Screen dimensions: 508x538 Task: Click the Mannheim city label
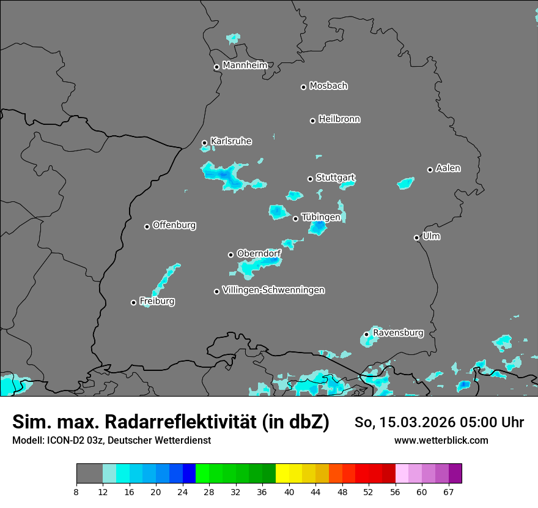245,65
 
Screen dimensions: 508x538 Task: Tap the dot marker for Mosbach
303,87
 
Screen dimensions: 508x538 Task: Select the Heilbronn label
339,119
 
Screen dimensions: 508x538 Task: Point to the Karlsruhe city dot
204,143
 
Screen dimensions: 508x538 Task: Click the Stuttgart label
335,178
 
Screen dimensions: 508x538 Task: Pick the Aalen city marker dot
430,170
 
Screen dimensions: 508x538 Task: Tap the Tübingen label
321,217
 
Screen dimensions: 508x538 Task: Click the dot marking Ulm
416,237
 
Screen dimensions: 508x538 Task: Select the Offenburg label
174,225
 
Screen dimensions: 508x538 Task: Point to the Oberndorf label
259,253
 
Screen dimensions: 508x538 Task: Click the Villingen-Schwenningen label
273,290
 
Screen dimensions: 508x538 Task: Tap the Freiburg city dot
133,302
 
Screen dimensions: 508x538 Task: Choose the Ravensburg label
398,333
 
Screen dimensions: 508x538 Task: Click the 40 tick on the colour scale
289,491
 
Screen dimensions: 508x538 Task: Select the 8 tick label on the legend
76,491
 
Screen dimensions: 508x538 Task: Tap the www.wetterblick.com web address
441,441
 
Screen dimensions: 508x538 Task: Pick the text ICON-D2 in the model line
63,441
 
